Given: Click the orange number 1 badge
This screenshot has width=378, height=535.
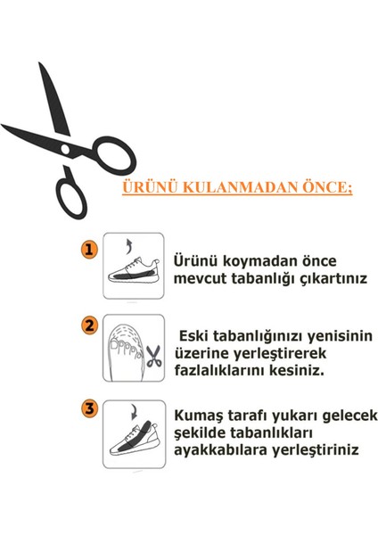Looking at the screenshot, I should point(89,250).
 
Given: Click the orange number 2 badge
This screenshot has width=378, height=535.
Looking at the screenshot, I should point(89,326).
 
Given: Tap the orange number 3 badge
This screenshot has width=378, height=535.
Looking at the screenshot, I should point(89,410).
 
